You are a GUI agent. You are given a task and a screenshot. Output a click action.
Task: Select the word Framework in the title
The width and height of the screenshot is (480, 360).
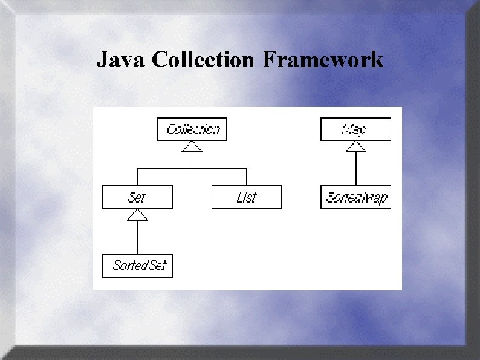[x=323, y=60]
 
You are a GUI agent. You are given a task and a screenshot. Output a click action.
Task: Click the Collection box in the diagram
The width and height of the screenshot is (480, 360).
[x=192, y=129]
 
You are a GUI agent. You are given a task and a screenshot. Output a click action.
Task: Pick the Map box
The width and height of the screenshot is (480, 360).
[x=355, y=129]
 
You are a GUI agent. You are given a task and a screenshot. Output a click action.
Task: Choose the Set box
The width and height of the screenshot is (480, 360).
[x=137, y=197]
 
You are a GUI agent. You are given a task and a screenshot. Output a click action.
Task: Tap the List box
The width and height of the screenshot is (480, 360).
[x=247, y=197]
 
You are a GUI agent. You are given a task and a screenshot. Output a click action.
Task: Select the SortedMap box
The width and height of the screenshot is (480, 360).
[x=355, y=197]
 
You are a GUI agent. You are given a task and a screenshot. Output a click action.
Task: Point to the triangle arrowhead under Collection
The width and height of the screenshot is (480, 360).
[x=192, y=146]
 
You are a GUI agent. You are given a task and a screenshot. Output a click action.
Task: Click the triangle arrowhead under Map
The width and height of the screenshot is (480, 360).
[x=355, y=146]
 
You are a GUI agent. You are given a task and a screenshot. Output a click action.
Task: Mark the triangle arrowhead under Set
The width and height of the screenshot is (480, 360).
[x=137, y=214]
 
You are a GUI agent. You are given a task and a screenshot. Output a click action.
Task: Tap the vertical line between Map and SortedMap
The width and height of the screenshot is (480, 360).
[x=355, y=169]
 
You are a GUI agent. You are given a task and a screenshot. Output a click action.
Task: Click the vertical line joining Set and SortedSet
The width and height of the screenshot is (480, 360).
[x=137, y=237]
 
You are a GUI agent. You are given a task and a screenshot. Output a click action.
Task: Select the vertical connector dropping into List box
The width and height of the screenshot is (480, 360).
[x=247, y=177]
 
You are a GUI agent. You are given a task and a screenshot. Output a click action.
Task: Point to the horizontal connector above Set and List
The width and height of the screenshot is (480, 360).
[x=192, y=169]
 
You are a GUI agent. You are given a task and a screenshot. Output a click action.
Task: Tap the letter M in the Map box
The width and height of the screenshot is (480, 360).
[x=346, y=129]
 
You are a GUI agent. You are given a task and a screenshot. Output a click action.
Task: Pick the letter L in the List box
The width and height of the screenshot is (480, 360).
[x=240, y=197]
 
